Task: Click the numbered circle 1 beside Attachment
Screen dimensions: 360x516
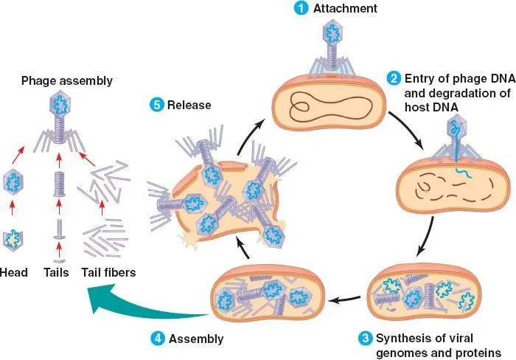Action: pos(300,9)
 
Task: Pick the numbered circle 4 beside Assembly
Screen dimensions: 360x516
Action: pos(157,339)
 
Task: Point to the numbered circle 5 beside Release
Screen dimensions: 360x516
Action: pos(156,105)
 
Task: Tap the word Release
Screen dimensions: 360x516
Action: pos(189,105)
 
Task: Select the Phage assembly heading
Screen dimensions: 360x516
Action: pos(56,80)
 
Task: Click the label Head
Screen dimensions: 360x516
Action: pos(14,273)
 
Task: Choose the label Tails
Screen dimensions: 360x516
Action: pos(55,273)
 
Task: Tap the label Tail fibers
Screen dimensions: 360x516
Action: pos(108,273)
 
